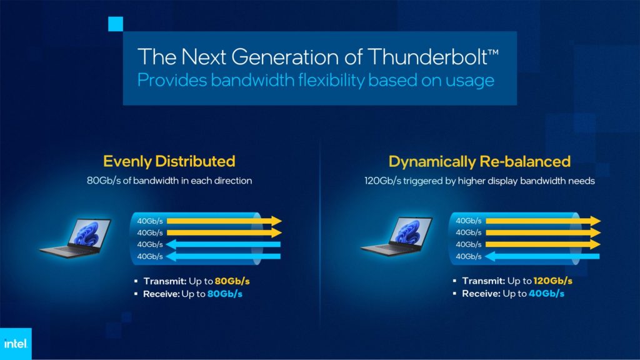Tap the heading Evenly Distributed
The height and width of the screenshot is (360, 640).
coord(169,161)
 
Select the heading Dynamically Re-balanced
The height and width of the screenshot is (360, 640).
coord(479,161)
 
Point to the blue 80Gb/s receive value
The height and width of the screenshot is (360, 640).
coord(224,293)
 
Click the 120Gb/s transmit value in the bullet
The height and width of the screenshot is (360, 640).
coord(552,281)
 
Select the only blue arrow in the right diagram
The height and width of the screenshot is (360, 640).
coord(542,256)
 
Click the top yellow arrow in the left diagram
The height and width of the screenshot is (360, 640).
coord(224,221)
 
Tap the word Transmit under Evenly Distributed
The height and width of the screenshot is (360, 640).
coord(162,281)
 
